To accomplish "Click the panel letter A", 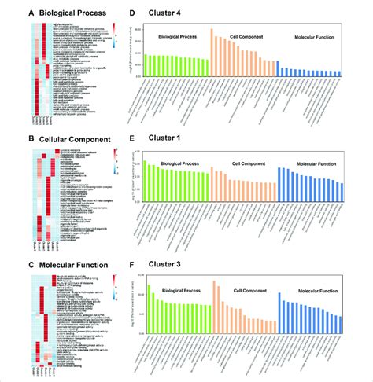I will pyautogui.click(x=13, y=13).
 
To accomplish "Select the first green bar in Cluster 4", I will pyautogui.click(x=146, y=65).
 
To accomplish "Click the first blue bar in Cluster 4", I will pyautogui.click(x=279, y=69).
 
